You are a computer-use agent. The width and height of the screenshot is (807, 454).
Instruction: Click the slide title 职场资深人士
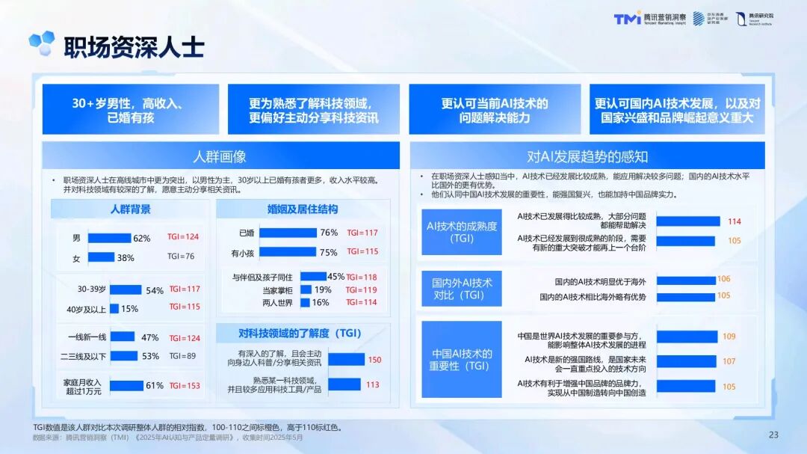[x=133, y=46]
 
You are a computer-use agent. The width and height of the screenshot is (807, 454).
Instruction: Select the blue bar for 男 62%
[x=109, y=238]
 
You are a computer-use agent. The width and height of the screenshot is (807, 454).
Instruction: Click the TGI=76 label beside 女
[x=181, y=256]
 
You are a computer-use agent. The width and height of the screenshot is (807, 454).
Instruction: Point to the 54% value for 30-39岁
[x=155, y=290]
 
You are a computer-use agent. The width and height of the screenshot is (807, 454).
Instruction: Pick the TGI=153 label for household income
[x=185, y=386]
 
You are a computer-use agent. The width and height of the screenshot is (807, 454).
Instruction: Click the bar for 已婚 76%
[x=287, y=233]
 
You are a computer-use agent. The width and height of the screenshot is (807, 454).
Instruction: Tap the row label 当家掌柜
[x=277, y=290]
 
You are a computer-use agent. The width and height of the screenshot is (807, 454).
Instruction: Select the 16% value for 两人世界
[x=321, y=302]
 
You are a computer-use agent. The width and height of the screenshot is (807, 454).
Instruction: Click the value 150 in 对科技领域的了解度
[x=374, y=360]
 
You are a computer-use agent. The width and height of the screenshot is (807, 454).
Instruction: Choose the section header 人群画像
[x=220, y=156]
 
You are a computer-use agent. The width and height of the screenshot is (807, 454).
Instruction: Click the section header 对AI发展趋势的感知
[x=587, y=156]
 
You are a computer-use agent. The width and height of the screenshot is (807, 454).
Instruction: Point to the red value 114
[x=734, y=221]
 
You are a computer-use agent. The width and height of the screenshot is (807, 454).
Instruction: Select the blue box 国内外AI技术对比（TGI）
[x=461, y=289]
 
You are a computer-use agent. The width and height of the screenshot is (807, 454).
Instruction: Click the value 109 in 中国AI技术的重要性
[x=729, y=337]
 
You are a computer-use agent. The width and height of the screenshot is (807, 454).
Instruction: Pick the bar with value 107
[x=687, y=361]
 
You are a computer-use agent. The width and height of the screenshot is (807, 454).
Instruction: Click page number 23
[x=773, y=435]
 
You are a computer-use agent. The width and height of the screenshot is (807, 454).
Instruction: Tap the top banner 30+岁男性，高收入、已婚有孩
[x=131, y=110]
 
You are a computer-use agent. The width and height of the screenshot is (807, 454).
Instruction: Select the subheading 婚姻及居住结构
[x=302, y=209]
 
